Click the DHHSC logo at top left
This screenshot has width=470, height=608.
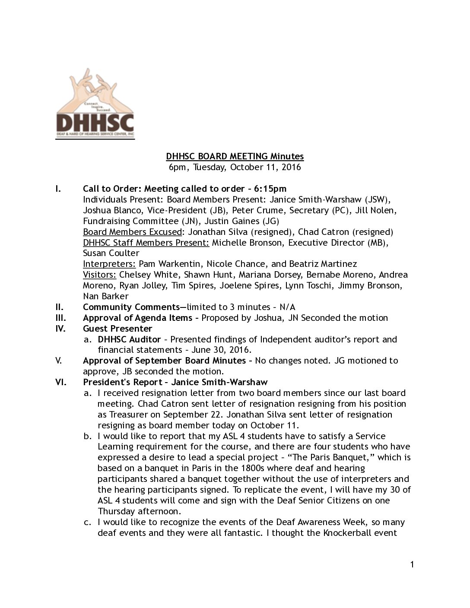pos(95,104)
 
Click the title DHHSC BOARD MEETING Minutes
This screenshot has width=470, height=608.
pos(235,156)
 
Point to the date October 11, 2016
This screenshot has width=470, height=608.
pos(265,167)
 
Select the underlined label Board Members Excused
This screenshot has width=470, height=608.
pos(132,232)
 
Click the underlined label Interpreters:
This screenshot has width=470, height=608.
pos(110,264)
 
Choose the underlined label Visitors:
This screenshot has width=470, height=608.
pos(100,275)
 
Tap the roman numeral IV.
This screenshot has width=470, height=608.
pos(60,329)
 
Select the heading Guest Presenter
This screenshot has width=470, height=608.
pos(117,329)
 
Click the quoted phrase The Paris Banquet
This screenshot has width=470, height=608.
pos(329,457)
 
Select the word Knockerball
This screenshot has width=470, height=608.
pos(350,532)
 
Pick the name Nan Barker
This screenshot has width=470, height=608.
pos(105,296)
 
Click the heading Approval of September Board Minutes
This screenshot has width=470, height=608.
pos(164,361)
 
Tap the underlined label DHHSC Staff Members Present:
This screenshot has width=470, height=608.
pos(146,243)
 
